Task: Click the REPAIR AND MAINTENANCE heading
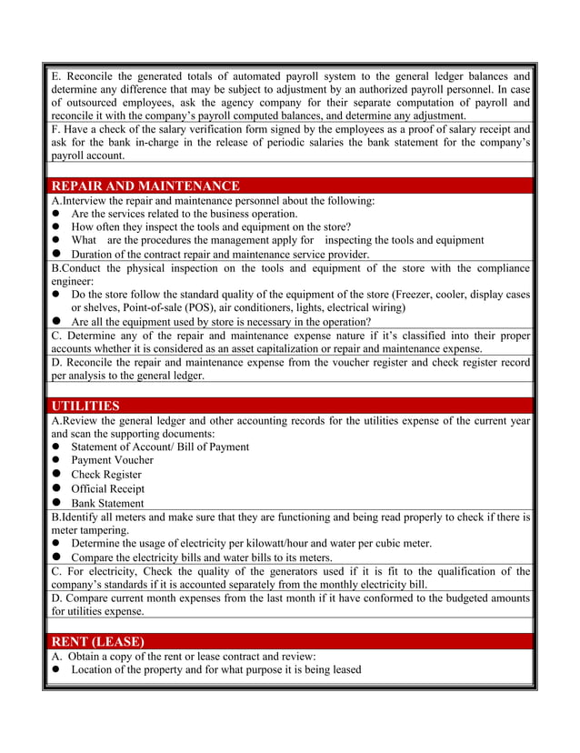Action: coord(145,186)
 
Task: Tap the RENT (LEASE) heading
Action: coord(97,641)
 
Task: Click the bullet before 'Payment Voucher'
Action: coord(56,460)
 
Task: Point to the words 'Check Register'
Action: coord(106,475)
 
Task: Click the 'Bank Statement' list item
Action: coord(107,503)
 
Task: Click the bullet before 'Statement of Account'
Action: coord(56,447)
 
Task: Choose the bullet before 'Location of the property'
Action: coord(56,670)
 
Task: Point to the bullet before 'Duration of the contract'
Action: coord(56,255)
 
